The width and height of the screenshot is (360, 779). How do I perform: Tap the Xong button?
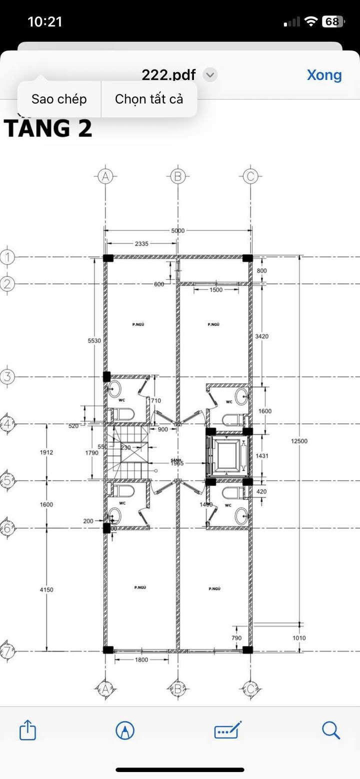[x=324, y=75]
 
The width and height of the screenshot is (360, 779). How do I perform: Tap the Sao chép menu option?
[x=59, y=99]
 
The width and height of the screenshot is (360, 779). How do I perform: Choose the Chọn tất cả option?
[x=149, y=99]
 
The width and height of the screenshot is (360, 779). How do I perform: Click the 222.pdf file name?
[x=168, y=75]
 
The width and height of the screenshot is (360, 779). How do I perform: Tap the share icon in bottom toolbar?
[x=27, y=730]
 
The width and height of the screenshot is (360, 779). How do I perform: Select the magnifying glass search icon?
[x=331, y=730]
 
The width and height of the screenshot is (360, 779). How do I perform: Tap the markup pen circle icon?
[x=124, y=730]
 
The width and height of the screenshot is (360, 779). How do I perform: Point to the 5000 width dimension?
[x=178, y=230]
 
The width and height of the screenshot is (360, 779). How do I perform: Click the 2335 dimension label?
[x=141, y=244]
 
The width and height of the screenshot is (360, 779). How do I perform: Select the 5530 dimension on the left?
[x=94, y=340]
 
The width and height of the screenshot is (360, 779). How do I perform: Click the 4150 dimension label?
[x=46, y=590]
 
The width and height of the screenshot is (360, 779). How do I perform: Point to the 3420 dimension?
[x=261, y=336]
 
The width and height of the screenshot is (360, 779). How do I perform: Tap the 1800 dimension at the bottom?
[x=141, y=660]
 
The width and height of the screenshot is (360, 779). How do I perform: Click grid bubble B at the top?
[x=177, y=176]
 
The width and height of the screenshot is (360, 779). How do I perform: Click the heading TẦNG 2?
[x=48, y=128]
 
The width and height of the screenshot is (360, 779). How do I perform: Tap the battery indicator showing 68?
[x=332, y=21]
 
